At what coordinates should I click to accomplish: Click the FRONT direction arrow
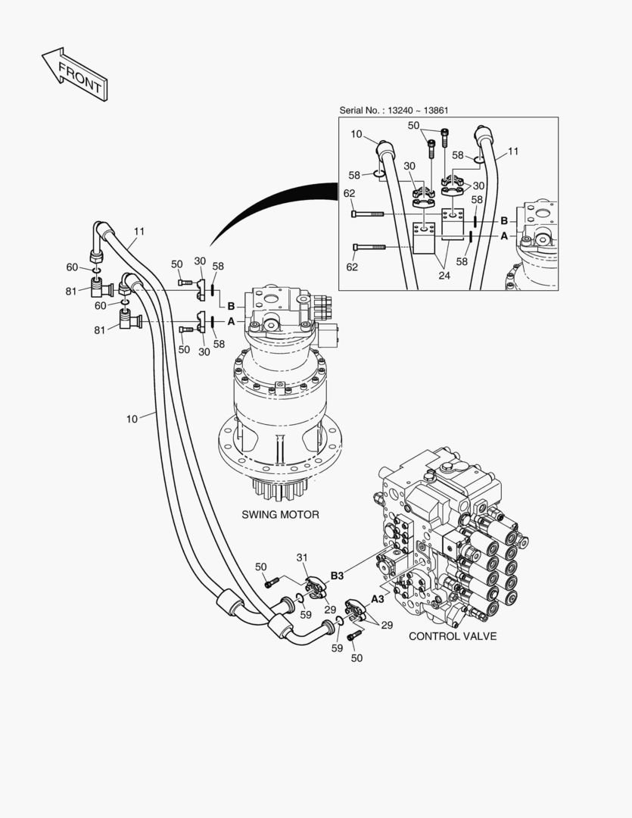(74, 74)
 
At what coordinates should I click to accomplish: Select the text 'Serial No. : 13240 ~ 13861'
(394, 111)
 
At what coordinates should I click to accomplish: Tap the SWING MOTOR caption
(280, 515)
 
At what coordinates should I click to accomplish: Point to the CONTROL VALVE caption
(453, 636)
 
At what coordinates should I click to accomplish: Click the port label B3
(337, 576)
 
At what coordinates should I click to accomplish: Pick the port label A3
(376, 599)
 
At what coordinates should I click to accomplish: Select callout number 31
(303, 558)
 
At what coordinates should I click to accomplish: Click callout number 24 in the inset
(444, 276)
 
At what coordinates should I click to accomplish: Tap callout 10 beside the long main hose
(132, 418)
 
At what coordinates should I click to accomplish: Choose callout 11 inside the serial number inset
(513, 151)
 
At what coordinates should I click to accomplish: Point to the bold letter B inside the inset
(504, 220)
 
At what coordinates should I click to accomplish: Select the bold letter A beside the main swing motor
(232, 321)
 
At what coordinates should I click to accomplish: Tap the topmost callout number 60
(72, 267)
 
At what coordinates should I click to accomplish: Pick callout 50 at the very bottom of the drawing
(356, 658)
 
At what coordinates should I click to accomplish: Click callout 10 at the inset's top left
(356, 134)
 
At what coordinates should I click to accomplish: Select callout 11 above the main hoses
(139, 232)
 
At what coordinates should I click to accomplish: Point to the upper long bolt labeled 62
(369, 214)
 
